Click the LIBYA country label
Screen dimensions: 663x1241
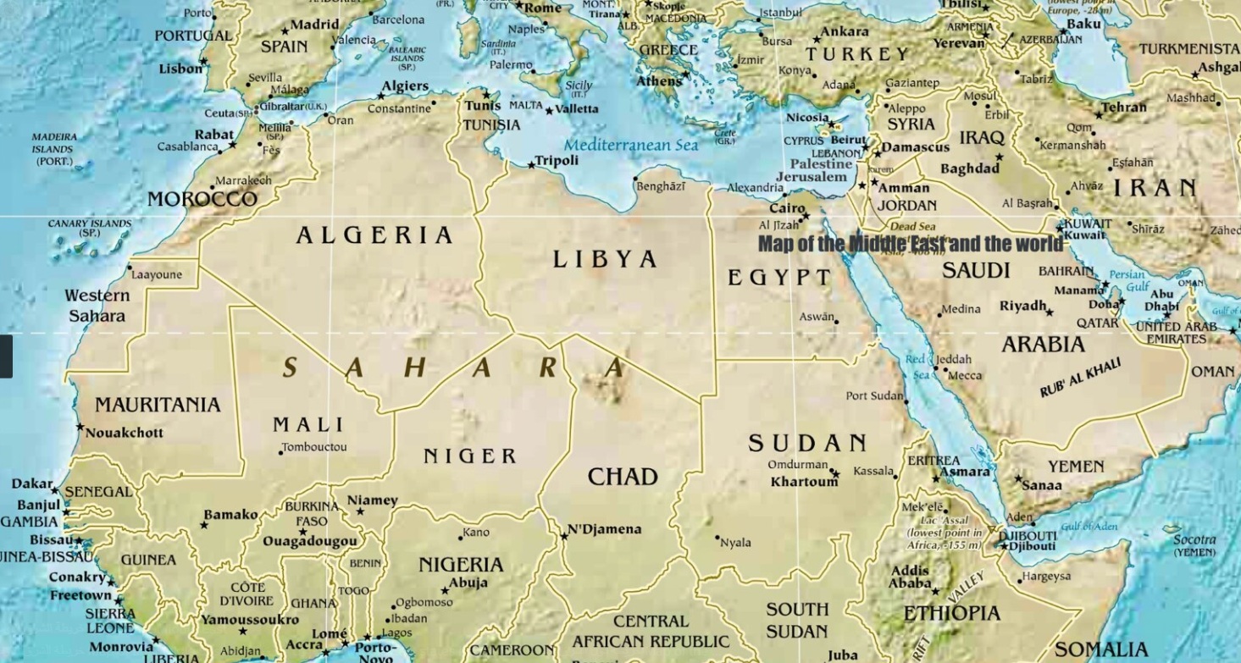(605, 259)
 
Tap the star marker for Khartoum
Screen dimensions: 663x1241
(834, 474)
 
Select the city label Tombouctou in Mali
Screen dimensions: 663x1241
(314, 447)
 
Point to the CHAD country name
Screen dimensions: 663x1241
(623, 477)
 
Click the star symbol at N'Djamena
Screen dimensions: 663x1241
(563, 535)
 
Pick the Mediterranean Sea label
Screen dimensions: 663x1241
(631, 146)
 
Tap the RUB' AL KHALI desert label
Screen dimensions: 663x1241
(1080, 378)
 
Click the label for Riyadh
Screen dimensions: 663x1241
(1022, 306)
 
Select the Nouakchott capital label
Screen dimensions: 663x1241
(125, 433)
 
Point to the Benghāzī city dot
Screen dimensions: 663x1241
(635, 179)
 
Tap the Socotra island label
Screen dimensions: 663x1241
(1194, 539)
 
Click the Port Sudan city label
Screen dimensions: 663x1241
(874, 395)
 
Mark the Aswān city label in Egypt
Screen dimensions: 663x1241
(816, 317)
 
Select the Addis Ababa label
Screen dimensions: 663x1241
(910, 577)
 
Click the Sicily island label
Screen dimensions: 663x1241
(579, 86)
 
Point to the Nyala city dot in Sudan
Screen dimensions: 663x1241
(717, 537)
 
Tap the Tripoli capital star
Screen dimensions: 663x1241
(531, 164)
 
